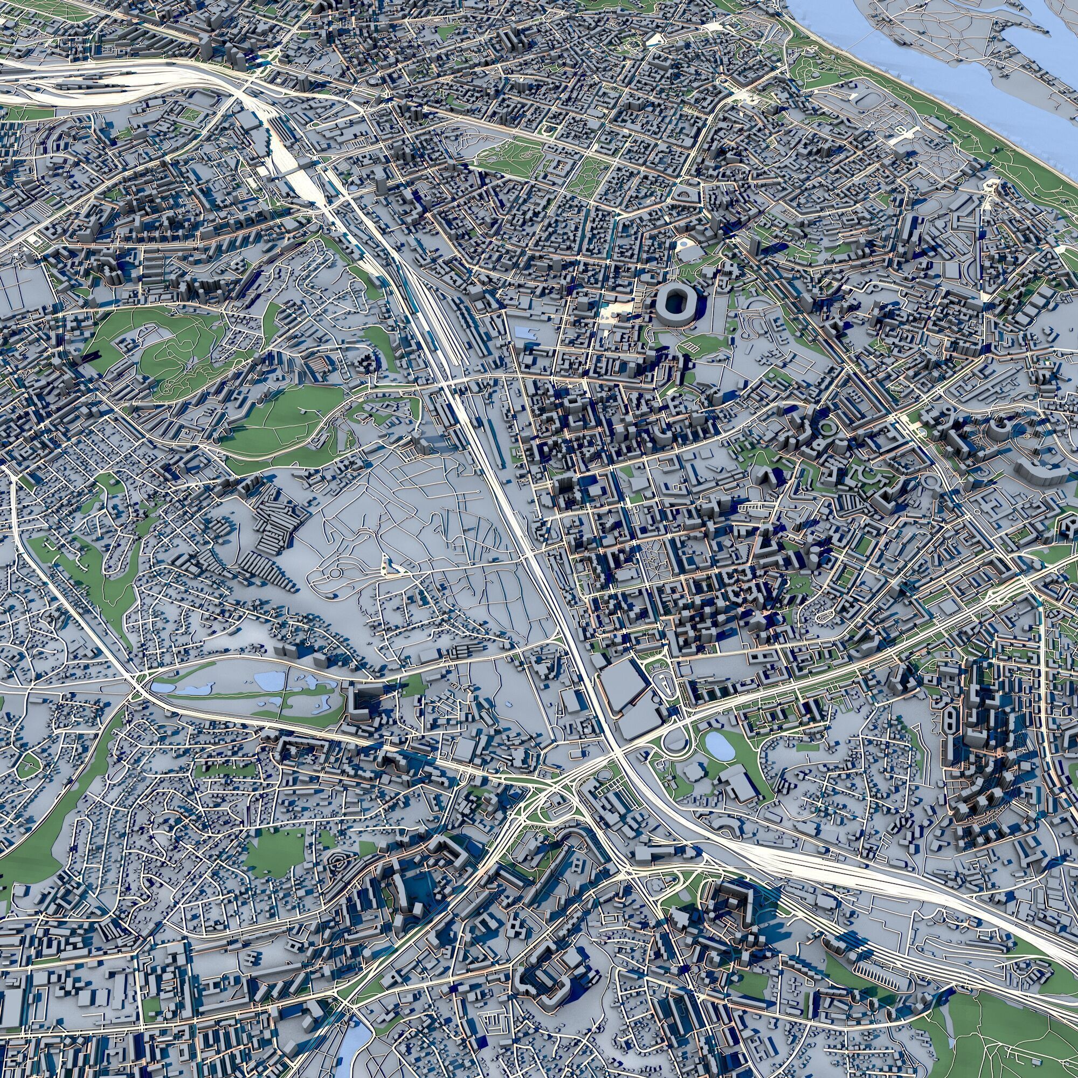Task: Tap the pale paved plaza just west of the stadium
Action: (x=619, y=310)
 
